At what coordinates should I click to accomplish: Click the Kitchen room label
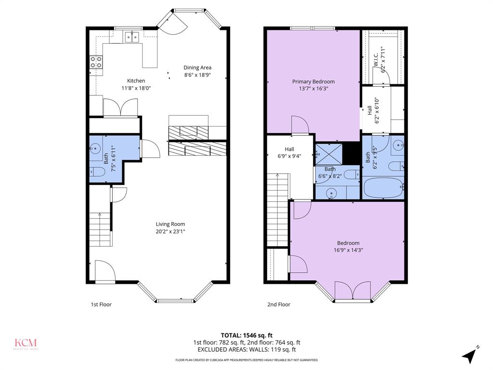(136, 81)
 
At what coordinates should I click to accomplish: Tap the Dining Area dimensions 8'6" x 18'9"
(197, 75)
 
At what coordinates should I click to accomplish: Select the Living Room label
(170, 224)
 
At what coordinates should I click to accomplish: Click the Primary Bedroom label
(313, 82)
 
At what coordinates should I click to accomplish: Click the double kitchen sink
(131, 36)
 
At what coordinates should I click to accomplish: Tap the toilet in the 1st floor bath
(98, 172)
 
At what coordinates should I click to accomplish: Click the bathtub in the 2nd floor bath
(383, 187)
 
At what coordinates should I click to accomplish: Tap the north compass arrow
(469, 356)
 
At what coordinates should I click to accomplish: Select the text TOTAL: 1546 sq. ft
(246, 335)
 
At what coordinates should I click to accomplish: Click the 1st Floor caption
(101, 304)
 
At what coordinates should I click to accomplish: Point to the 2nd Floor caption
(279, 304)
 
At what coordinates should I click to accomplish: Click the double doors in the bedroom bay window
(352, 291)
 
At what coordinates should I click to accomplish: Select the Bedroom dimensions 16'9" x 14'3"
(348, 250)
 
